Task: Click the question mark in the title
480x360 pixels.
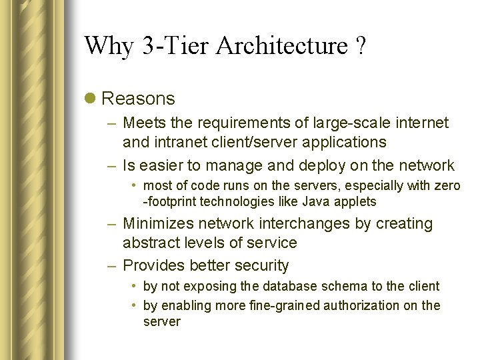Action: [360, 47]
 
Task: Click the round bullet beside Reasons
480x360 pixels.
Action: [90, 99]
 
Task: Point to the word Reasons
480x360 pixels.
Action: [138, 99]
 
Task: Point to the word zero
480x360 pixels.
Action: [447, 185]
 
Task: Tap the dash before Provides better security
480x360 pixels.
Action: [113, 265]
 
